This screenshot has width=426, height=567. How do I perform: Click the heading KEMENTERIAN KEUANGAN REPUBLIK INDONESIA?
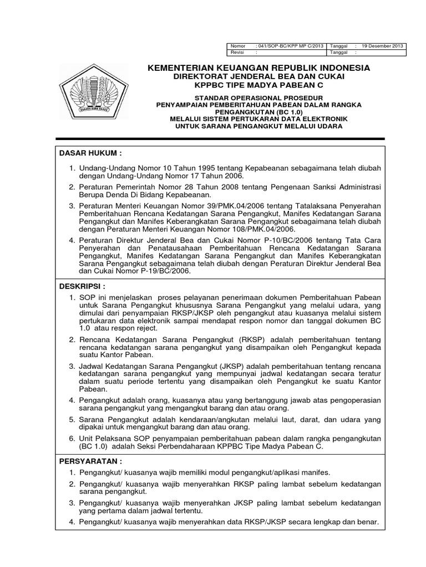[258, 68]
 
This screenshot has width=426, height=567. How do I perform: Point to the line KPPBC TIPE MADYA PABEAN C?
[258, 85]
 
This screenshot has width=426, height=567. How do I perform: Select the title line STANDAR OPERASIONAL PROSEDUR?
[258, 97]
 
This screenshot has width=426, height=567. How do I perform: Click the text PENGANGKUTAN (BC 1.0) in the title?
[258, 112]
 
